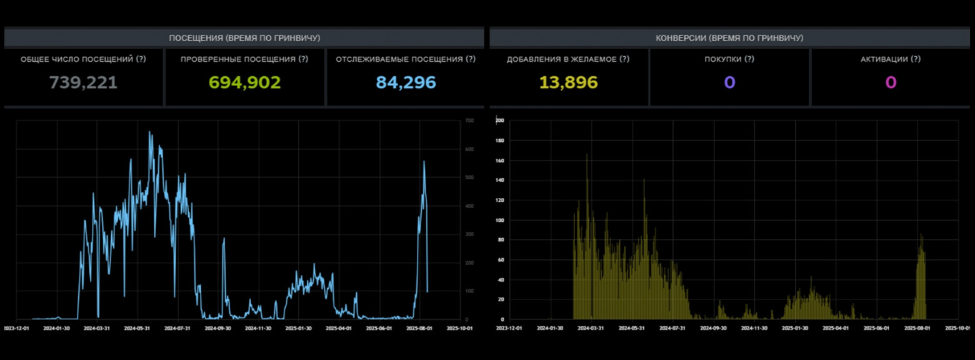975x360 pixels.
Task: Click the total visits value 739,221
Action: point(83,82)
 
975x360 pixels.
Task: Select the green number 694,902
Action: point(244,82)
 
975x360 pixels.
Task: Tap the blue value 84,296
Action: point(406,82)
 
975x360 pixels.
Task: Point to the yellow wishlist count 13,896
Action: point(568,82)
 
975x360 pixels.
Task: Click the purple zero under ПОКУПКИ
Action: point(729,82)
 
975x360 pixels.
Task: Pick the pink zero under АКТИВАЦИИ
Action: point(891,82)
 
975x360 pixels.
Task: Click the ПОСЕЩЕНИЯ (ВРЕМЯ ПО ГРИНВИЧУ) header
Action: point(244,38)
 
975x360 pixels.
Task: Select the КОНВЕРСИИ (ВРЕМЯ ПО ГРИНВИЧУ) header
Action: point(729,38)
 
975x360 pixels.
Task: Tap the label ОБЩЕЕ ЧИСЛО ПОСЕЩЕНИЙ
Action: point(83,59)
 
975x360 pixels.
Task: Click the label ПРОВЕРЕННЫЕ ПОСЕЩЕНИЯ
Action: point(244,59)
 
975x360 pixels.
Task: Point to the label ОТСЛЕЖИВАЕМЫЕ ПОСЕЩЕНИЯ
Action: point(406,59)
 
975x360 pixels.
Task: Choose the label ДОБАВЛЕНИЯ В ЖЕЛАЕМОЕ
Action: point(568,59)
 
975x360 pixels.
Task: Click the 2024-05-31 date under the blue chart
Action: point(138,327)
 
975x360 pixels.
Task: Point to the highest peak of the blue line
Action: point(149,132)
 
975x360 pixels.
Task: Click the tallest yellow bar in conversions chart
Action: point(586,155)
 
